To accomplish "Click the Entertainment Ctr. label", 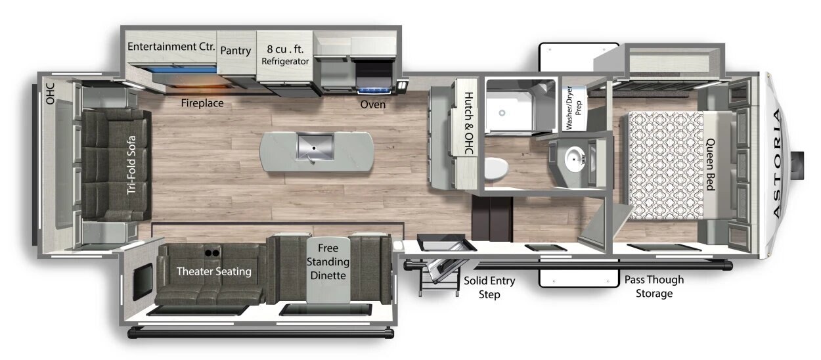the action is [171, 47].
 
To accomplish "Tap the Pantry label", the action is [236, 51].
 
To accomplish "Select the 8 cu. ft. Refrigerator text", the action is [285, 55].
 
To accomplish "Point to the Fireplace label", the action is [202, 103].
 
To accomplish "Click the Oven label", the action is [373, 104].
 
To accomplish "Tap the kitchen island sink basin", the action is [315, 146].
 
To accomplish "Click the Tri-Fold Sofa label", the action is [131, 165].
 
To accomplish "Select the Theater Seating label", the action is [214, 271].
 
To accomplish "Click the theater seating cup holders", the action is [212, 253].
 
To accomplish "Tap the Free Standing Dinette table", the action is [328, 269].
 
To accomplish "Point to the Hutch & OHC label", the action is [469, 124].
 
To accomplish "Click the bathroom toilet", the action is [497, 169].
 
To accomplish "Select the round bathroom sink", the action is [575, 159].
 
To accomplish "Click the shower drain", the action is [502, 113].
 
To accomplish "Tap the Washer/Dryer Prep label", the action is [573, 108].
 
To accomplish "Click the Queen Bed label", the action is [711, 164].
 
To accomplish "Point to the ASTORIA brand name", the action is [777, 164].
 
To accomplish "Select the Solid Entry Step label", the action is [489, 288].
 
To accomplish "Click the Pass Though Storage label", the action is [654, 286].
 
